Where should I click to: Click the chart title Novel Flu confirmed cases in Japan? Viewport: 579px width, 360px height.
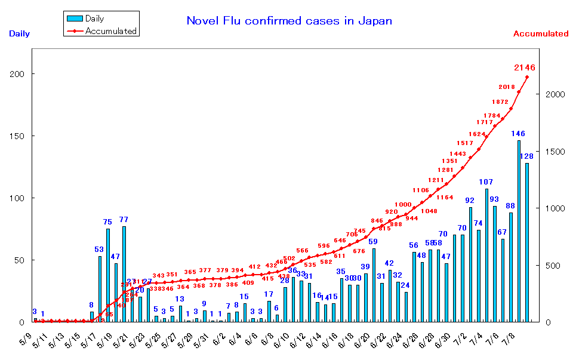(x=289, y=21)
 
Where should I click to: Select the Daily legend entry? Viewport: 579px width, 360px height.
(x=94, y=19)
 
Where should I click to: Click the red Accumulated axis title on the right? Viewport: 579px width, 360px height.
(x=540, y=34)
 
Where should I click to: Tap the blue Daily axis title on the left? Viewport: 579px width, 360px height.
(x=19, y=34)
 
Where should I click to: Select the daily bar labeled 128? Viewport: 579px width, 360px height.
(x=526, y=242)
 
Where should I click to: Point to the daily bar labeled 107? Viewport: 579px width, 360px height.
(x=486, y=256)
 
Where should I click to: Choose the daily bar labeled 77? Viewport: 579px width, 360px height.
(x=124, y=274)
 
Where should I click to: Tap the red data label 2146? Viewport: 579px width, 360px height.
(x=525, y=67)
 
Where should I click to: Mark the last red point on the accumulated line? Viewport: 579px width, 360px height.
(x=527, y=77)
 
